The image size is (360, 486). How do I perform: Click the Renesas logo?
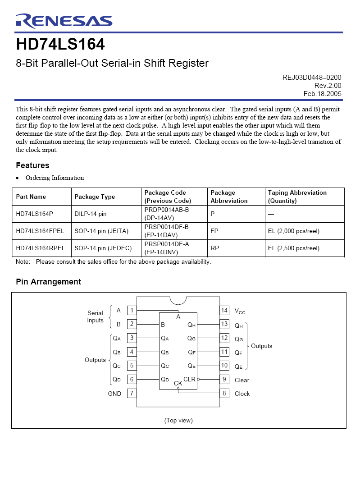coord(64,21)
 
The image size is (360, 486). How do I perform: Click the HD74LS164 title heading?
coord(60,45)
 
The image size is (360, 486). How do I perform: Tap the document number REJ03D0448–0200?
coord(312,78)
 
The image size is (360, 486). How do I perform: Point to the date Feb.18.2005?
coord(322,94)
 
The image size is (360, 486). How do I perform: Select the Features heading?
coord(32,165)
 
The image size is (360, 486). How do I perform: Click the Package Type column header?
coord(95,197)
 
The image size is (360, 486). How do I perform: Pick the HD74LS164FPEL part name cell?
coord(40,231)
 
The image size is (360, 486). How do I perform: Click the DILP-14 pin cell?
coord(91,214)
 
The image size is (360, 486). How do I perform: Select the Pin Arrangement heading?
coord(48,282)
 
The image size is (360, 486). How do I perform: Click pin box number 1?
coord(132,310)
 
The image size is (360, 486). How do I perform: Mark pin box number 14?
coord(224,310)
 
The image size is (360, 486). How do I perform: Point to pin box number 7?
coord(132,393)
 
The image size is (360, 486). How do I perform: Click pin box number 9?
coord(224,380)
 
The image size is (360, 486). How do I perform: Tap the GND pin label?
coord(114,394)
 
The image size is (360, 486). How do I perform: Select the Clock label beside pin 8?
coord(242,394)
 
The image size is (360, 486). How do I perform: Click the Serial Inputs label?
coord(95,316)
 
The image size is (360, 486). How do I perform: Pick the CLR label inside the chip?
coord(189,379)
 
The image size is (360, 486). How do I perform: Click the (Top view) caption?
coord(178,420)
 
